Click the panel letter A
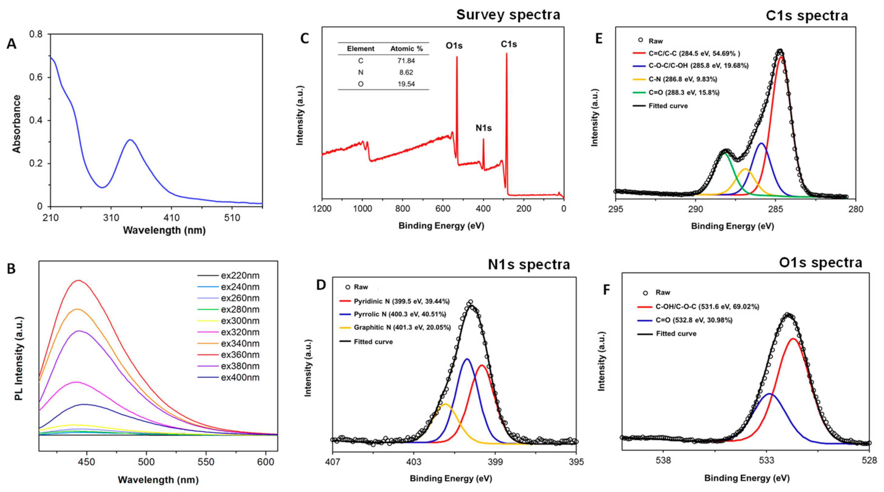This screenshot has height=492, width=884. (11, 44)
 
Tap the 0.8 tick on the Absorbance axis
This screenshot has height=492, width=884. (36, 34)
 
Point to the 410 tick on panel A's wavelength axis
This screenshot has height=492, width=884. (172, 218)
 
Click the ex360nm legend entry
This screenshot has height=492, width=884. (240, 355)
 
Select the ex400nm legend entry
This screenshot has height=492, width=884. (240, 377)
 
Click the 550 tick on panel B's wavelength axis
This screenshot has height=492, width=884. (206, 462)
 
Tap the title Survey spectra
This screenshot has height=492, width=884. (508, 15)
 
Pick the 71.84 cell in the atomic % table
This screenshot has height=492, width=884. (406, 61)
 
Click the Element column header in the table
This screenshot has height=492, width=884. (360, 49)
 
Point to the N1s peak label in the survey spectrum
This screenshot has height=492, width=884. (483, 128)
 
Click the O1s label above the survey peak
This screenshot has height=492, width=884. (454, 45)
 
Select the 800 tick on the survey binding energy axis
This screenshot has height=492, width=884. (402, 208)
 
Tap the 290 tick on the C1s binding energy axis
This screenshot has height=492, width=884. (695, 209)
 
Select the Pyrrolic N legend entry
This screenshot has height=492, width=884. (399, 314)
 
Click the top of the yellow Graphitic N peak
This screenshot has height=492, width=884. (445, 404)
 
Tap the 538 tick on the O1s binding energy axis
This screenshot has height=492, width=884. (663, 460)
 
